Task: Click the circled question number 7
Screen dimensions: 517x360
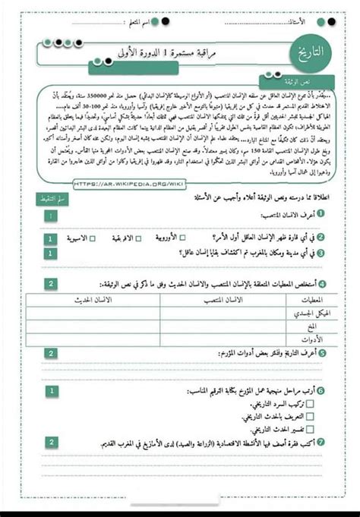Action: (323, 444)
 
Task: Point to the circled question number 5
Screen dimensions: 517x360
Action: (323, 352)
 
